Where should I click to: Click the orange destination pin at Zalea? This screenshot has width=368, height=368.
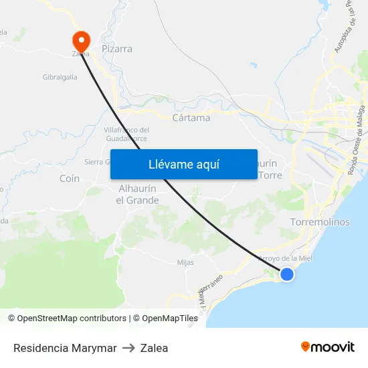click(x=81, y=39)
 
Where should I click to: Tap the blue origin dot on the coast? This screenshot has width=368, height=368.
click(x=287, y=274)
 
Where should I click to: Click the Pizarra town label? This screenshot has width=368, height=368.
click(x=117, y=49)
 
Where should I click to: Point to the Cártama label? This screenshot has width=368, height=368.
click(x=191, y=118)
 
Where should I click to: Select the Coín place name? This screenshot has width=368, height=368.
click(x=70, y=179)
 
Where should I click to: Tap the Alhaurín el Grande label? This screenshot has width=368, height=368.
click(x=138, y=195)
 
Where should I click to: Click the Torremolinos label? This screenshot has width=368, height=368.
click(x=320, y=222)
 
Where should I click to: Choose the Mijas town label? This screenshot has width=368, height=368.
click(x=185, y=262)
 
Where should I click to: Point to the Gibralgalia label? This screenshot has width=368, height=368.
click(x=60, y=77)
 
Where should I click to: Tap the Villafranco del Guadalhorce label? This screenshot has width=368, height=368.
click(x=126, y=134)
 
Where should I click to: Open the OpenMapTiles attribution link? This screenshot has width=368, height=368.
click(x=165, y=318)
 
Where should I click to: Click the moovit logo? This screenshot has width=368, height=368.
click(x=328, y=347)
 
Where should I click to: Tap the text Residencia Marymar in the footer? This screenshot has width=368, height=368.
click(x=65, y=348)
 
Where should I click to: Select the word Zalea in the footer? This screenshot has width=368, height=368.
click(x=155, y=348)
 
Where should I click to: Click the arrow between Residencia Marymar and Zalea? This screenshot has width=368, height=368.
click(x=128, y=348)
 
